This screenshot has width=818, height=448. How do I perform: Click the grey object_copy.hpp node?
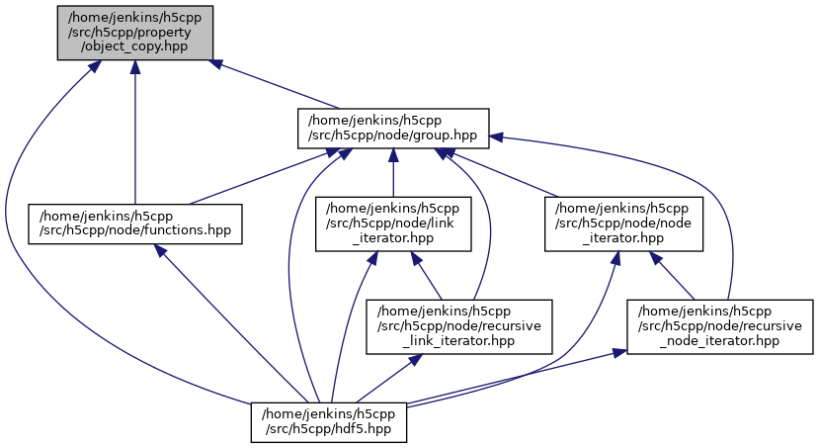tap(134, 32)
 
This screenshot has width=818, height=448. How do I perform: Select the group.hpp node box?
tap(393, 127)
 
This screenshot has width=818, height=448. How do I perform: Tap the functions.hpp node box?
tap(135, 224)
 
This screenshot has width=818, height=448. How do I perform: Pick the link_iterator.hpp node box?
tap(393, 224)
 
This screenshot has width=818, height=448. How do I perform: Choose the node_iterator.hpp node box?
tap(624, 224)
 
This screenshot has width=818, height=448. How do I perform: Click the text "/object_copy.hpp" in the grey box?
tap(134, 46)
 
